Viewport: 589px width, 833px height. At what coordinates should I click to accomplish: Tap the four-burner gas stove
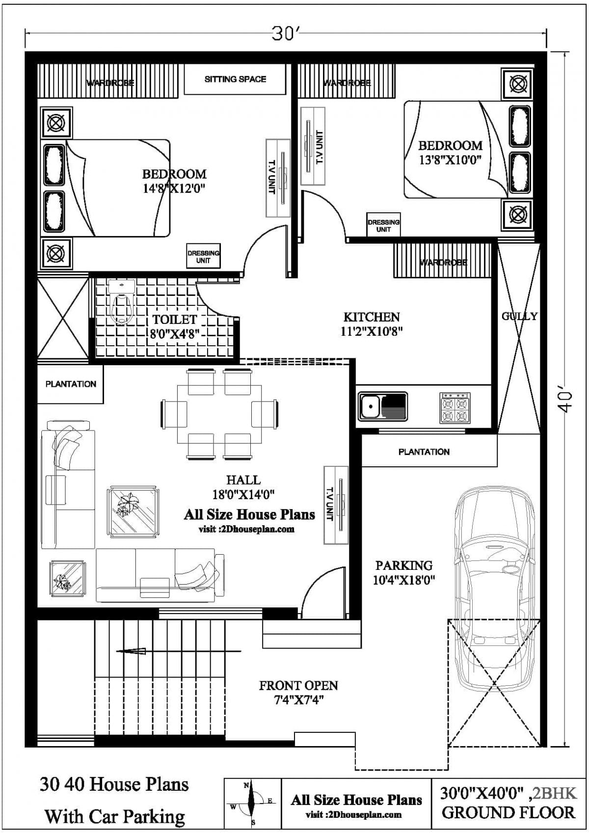[455, 408]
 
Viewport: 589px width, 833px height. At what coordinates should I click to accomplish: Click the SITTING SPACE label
[236, 79]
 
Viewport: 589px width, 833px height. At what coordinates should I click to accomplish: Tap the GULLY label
[519, 317]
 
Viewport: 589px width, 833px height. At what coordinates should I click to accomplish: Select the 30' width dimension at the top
[286, 34]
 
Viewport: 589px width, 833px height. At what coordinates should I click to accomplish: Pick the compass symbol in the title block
[252, 802]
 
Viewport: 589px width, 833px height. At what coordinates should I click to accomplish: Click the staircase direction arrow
[179, 651]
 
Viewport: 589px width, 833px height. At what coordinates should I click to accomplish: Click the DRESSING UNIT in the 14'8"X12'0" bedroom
[203, 256]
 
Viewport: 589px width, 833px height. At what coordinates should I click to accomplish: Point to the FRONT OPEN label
[298, 685]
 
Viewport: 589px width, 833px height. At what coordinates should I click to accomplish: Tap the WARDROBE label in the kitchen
[443, 263]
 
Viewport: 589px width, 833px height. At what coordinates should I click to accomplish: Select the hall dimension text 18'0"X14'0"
[243, 494]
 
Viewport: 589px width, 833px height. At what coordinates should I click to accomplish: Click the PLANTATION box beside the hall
[71, 384]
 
